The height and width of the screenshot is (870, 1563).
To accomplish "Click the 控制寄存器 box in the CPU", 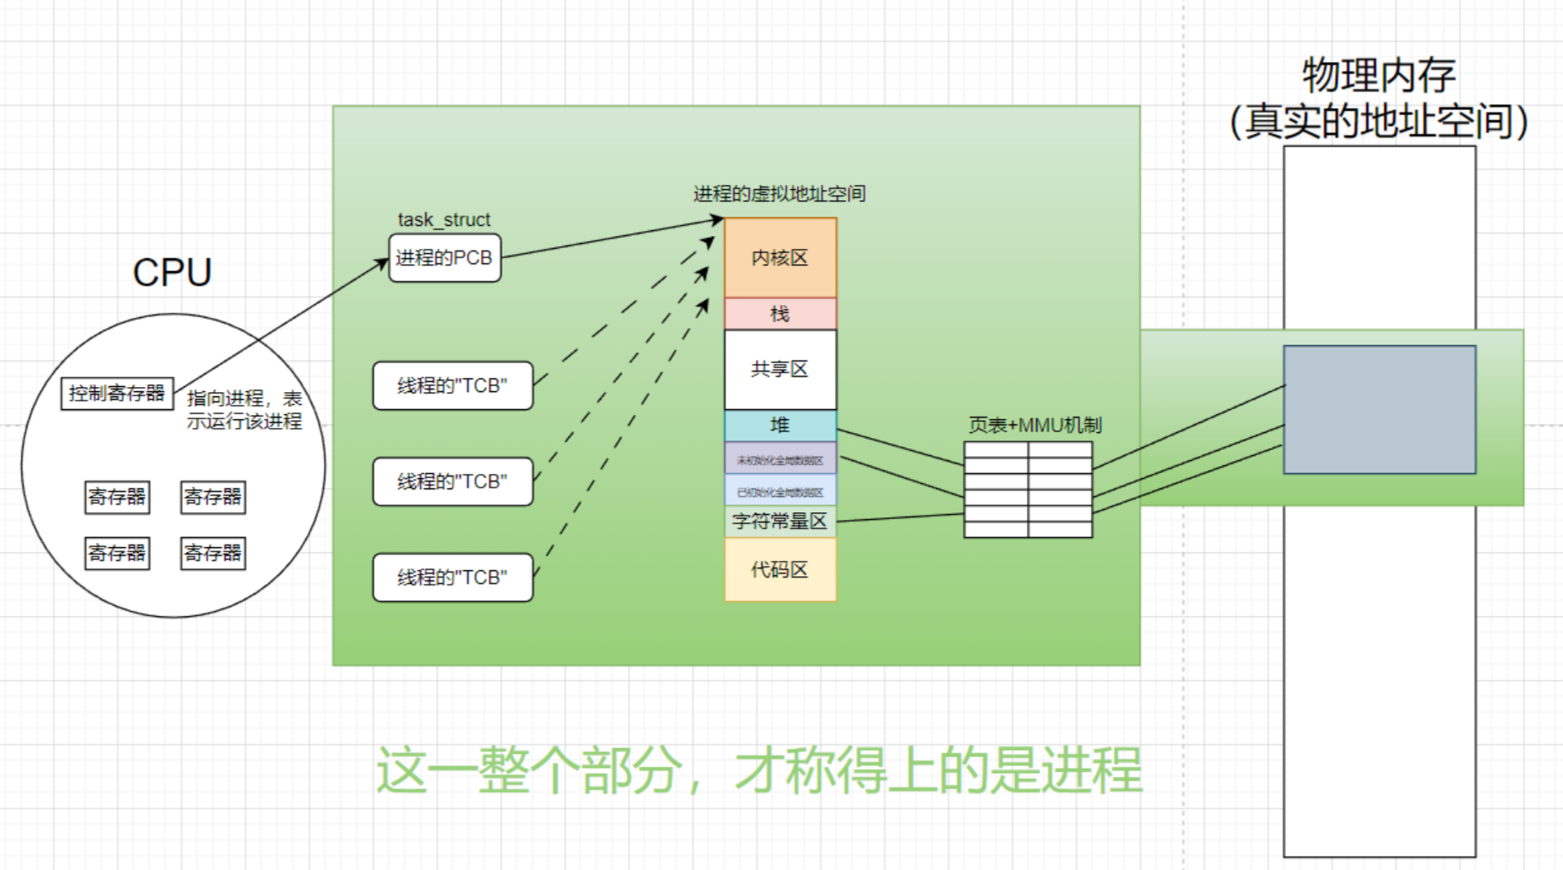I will pyautogui.click(x=117, y=394).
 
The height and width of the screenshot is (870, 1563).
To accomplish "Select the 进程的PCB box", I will pyautogui.click(x=444, y=258).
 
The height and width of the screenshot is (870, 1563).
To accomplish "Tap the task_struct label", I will pyautogui.click(x=444, y=220).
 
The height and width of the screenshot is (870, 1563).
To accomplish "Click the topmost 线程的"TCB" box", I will pyautogui.click(x=453, y=386).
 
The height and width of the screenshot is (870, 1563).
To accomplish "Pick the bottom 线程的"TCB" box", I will pyautogui.click(x=453, y=578).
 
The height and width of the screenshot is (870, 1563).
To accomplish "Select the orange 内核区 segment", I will pyautogui.click(x=780, y=258).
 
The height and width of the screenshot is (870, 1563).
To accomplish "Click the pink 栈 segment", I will pyautogui.click(x=780, y=314).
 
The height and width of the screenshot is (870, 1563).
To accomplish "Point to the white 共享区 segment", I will pyautogui.click(x=780, y=369).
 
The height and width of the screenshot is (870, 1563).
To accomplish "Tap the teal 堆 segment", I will pyautogui.click(x=780, y=425).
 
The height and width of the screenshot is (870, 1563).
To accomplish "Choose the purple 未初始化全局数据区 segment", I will pyautogui.click(x=780, y=459).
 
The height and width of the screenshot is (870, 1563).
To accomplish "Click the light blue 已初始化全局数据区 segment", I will pyautogui.click(x=780, y=492).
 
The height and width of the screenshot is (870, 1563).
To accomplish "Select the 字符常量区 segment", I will pyautogui.click(x=780, y=521).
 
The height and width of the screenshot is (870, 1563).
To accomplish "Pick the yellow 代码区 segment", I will pyautogui.click(x=780, y=569).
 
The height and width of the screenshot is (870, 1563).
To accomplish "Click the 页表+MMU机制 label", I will pyautogui.click(x=1035, y=424).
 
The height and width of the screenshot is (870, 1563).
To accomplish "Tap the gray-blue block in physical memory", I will pyautogui.click(x=1379, y=409).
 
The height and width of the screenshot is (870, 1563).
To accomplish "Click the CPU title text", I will pyautogui.click(x=172, y=273).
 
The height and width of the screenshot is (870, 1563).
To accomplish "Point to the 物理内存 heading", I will pyautogui.click(x=1378, y=76).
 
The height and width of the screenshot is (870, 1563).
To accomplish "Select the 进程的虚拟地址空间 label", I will pyautogui.click(x=779, y=193).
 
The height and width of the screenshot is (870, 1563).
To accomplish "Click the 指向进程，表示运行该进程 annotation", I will pyautogui.click(x=245, y=410).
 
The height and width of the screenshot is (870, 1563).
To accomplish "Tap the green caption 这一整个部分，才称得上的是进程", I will pyautogui.click(x=758, y=769).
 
